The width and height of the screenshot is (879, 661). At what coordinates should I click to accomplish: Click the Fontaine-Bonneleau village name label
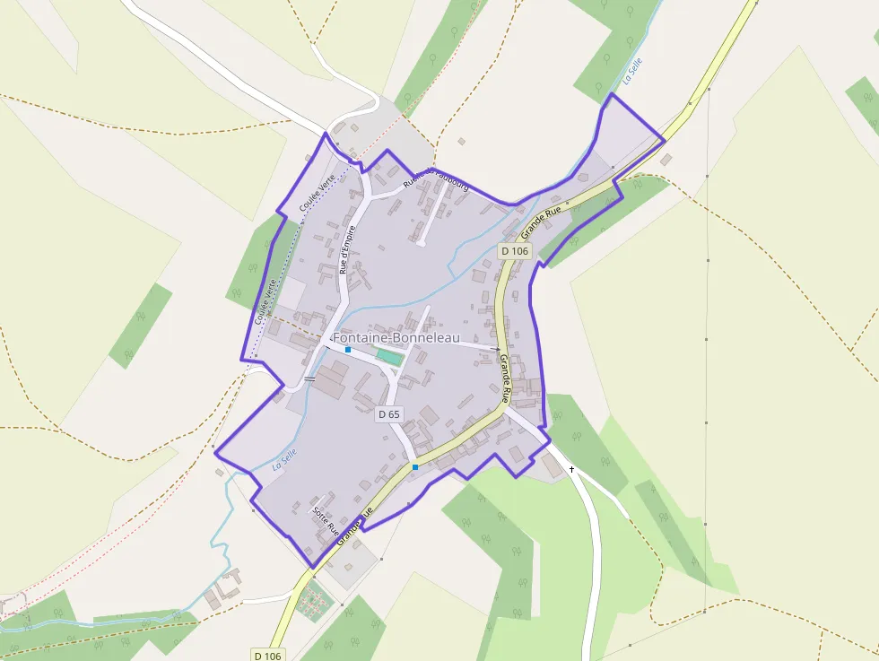(x=396, y=338)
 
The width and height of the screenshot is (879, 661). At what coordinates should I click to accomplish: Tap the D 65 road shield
(x=388, y=414)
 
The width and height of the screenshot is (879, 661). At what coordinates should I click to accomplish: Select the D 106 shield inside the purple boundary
(x=515, y=251)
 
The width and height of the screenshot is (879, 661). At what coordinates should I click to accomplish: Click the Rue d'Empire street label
(x=348, y=248)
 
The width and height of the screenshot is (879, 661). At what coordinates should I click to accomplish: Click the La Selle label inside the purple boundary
(x=284, y=460)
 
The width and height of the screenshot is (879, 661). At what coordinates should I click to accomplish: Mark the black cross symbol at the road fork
(x=571, y=469)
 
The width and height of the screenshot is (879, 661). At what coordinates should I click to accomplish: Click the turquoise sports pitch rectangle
(x=388, y=356)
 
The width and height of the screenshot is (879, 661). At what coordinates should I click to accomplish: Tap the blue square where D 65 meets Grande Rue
(x=414, y=467)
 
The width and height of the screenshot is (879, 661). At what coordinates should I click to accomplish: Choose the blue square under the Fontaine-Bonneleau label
(x=348, y=350)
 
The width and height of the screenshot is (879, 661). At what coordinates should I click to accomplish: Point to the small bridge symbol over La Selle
(x=309, y=379)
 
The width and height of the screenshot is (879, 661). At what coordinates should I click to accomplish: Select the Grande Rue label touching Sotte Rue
(x=354, y=528)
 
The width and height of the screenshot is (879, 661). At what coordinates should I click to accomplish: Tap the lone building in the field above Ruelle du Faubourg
(x=461, y=141)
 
